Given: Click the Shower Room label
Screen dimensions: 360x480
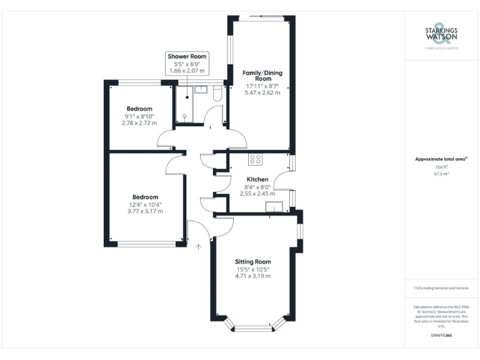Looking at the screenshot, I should pos(186,56).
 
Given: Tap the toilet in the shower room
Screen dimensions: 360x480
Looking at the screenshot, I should pos(216,94).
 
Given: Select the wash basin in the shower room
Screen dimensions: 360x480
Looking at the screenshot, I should pos(201,90).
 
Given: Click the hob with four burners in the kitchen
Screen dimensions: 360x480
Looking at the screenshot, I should pos(255,159).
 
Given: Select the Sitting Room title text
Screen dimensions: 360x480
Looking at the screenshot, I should pos(252,261).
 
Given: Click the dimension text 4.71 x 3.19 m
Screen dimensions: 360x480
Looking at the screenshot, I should pos(252,276).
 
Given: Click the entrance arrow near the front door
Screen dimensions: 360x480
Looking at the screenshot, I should pos(199,247).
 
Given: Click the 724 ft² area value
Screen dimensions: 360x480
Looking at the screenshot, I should pos(441,167).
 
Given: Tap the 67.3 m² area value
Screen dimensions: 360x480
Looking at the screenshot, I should pos(441,174).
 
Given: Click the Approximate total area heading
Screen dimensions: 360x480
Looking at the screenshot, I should pos(441,159).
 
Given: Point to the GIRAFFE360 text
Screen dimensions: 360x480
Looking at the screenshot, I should pos(441,336).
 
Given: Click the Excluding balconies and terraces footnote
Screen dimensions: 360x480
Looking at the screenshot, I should pos(441,288).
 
